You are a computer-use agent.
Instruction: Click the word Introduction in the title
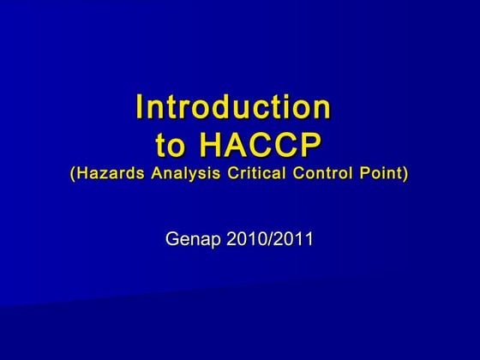tap(232, 108)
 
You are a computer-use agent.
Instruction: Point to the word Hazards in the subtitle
tap(110, 173)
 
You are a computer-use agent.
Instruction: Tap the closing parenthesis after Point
tap(405, 173)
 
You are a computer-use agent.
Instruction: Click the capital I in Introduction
tap(140, 108)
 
